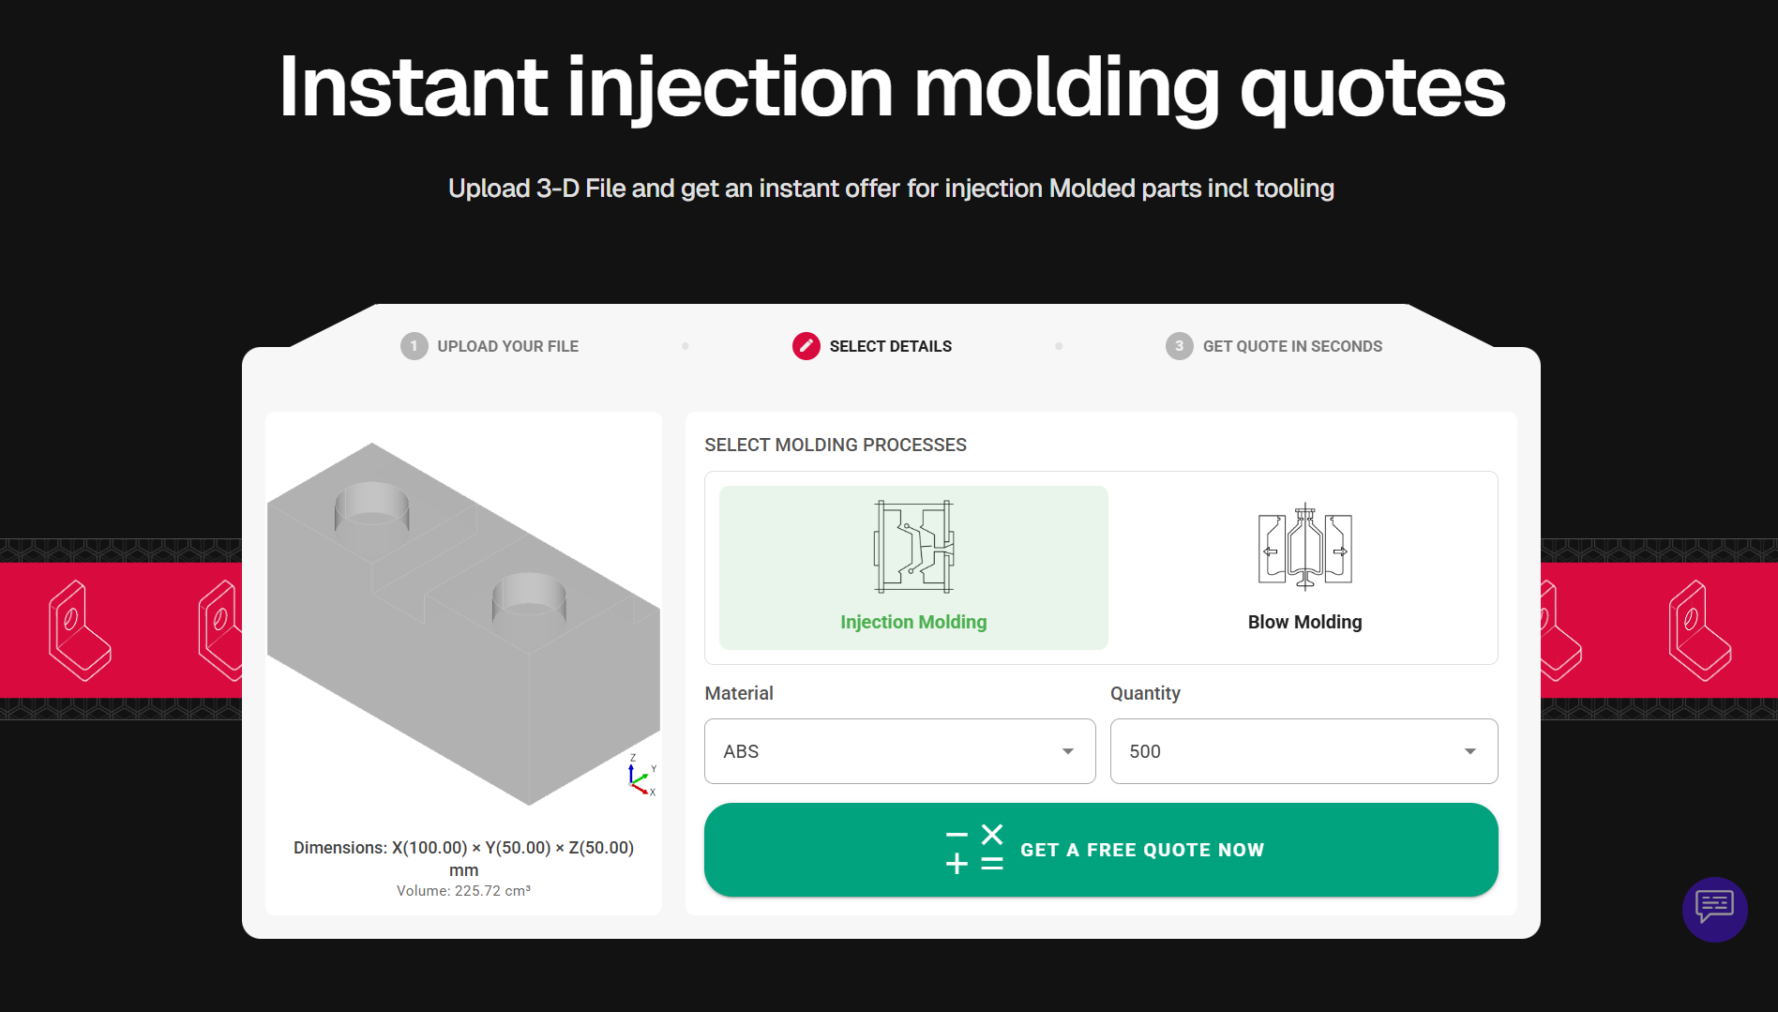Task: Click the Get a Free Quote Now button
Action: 1101,850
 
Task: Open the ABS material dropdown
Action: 899,751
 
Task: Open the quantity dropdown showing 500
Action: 1303,751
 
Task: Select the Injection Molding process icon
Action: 914,547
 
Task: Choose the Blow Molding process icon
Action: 1304,547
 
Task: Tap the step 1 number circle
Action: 414,346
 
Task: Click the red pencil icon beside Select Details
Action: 806,346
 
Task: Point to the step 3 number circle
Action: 1180,346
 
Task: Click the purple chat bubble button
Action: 1714,909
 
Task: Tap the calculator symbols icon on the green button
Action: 974,849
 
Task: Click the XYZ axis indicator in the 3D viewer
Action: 641,776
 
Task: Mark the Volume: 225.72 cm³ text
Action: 463,891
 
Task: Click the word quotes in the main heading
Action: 1373,88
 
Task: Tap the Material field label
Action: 739,693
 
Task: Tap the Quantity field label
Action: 1145,694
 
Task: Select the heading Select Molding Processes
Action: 836,445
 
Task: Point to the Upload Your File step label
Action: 508,346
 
